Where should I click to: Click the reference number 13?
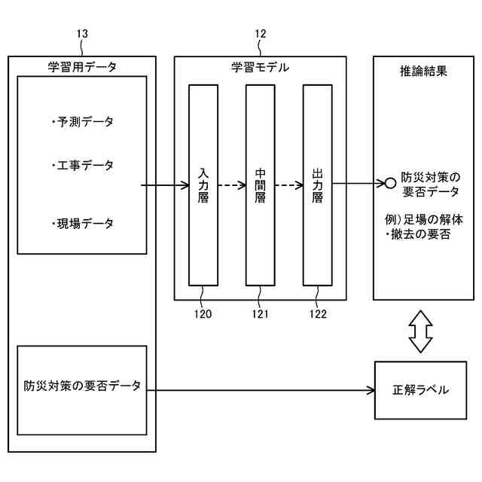[x=83, y=33]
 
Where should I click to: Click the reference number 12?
[x=261, y=33]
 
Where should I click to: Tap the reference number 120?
[x=202, y=314]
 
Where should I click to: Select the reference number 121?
[x=261, y=314]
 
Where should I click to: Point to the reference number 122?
[x=317, y=314]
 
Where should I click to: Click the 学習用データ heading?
[x=82, y=67]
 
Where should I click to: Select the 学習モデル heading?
[x=260, y=67]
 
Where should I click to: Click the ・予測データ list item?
[x=82, y=121]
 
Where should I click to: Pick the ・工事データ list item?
[x=82, y=165]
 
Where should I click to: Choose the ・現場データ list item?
[x=82, y=224]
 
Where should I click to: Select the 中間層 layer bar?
[x=261, y=185]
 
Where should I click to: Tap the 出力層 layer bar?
[x=318, y=185]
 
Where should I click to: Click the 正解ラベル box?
[x=421, y=390]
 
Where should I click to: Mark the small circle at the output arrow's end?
[x=390, y=183]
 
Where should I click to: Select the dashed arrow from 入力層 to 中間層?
[x=232, y=183]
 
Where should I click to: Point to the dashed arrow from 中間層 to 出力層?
[x=289, y=183]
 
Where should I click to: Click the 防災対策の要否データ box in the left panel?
[x=82, y=386]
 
